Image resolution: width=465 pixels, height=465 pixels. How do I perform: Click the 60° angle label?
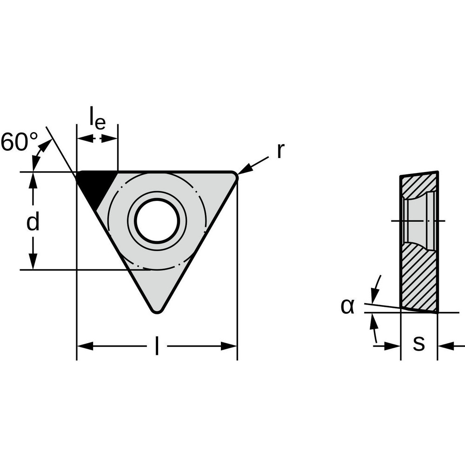pos(20,142)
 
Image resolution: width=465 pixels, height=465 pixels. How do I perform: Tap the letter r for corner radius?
pos(279,151)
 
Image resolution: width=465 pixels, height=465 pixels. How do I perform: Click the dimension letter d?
pos(33,223)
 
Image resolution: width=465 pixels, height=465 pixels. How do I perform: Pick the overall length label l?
pos(157,346)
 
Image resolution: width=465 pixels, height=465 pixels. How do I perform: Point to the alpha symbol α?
pos(347,306)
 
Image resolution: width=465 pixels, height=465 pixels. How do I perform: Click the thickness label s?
pos(419,344)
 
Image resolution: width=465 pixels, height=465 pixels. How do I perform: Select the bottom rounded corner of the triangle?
pos(157,309)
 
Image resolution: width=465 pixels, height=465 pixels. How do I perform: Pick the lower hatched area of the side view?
pos(418,279)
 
